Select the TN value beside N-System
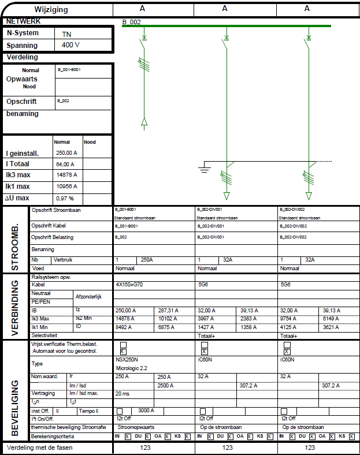(66, 34)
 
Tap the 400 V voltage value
(70, 45)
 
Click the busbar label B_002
(132, 21)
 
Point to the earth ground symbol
(203, 169)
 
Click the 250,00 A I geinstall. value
(66, 153)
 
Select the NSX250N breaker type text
(127, 359)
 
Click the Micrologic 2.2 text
(131, 367)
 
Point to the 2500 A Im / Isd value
(165, 385)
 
